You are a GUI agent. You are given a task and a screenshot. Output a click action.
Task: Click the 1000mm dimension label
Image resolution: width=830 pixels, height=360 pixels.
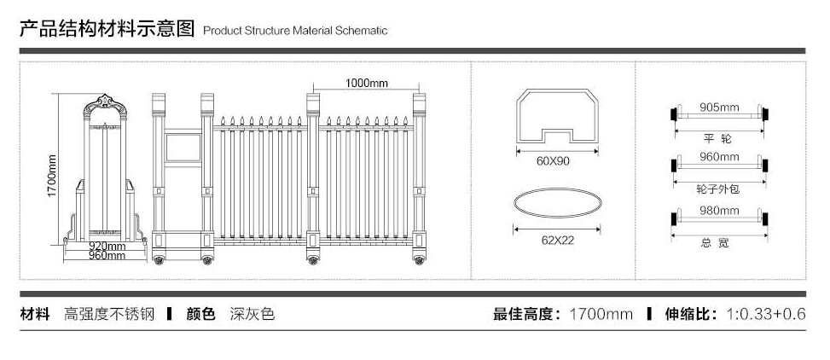[x=367, y=83]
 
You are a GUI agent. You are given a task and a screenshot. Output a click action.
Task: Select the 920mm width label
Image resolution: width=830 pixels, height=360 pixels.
[x=107, y=247]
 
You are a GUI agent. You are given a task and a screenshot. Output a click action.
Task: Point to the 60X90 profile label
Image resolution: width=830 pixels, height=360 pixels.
[x=553, y=161]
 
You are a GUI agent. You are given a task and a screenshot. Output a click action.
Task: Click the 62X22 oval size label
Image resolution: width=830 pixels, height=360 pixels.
[x=557, y=240]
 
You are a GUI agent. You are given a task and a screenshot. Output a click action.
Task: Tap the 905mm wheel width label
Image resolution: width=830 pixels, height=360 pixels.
[x=719, y=107]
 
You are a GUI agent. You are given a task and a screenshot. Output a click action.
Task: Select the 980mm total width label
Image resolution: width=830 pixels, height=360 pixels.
[x=719, y=211]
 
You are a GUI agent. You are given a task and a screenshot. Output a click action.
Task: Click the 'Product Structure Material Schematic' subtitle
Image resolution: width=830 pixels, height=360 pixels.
[x=295, y=31]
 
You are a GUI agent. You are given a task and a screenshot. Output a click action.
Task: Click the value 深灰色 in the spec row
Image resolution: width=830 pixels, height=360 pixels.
[x=252, y=314]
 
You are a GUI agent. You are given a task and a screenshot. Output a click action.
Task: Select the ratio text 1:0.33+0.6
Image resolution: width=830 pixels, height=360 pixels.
[x=765, y=314]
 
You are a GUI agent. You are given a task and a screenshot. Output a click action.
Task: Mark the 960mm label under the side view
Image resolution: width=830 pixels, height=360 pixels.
[x=107, y=255]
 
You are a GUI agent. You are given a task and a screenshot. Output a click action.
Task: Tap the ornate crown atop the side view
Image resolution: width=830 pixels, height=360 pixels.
[x=106, y=104]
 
